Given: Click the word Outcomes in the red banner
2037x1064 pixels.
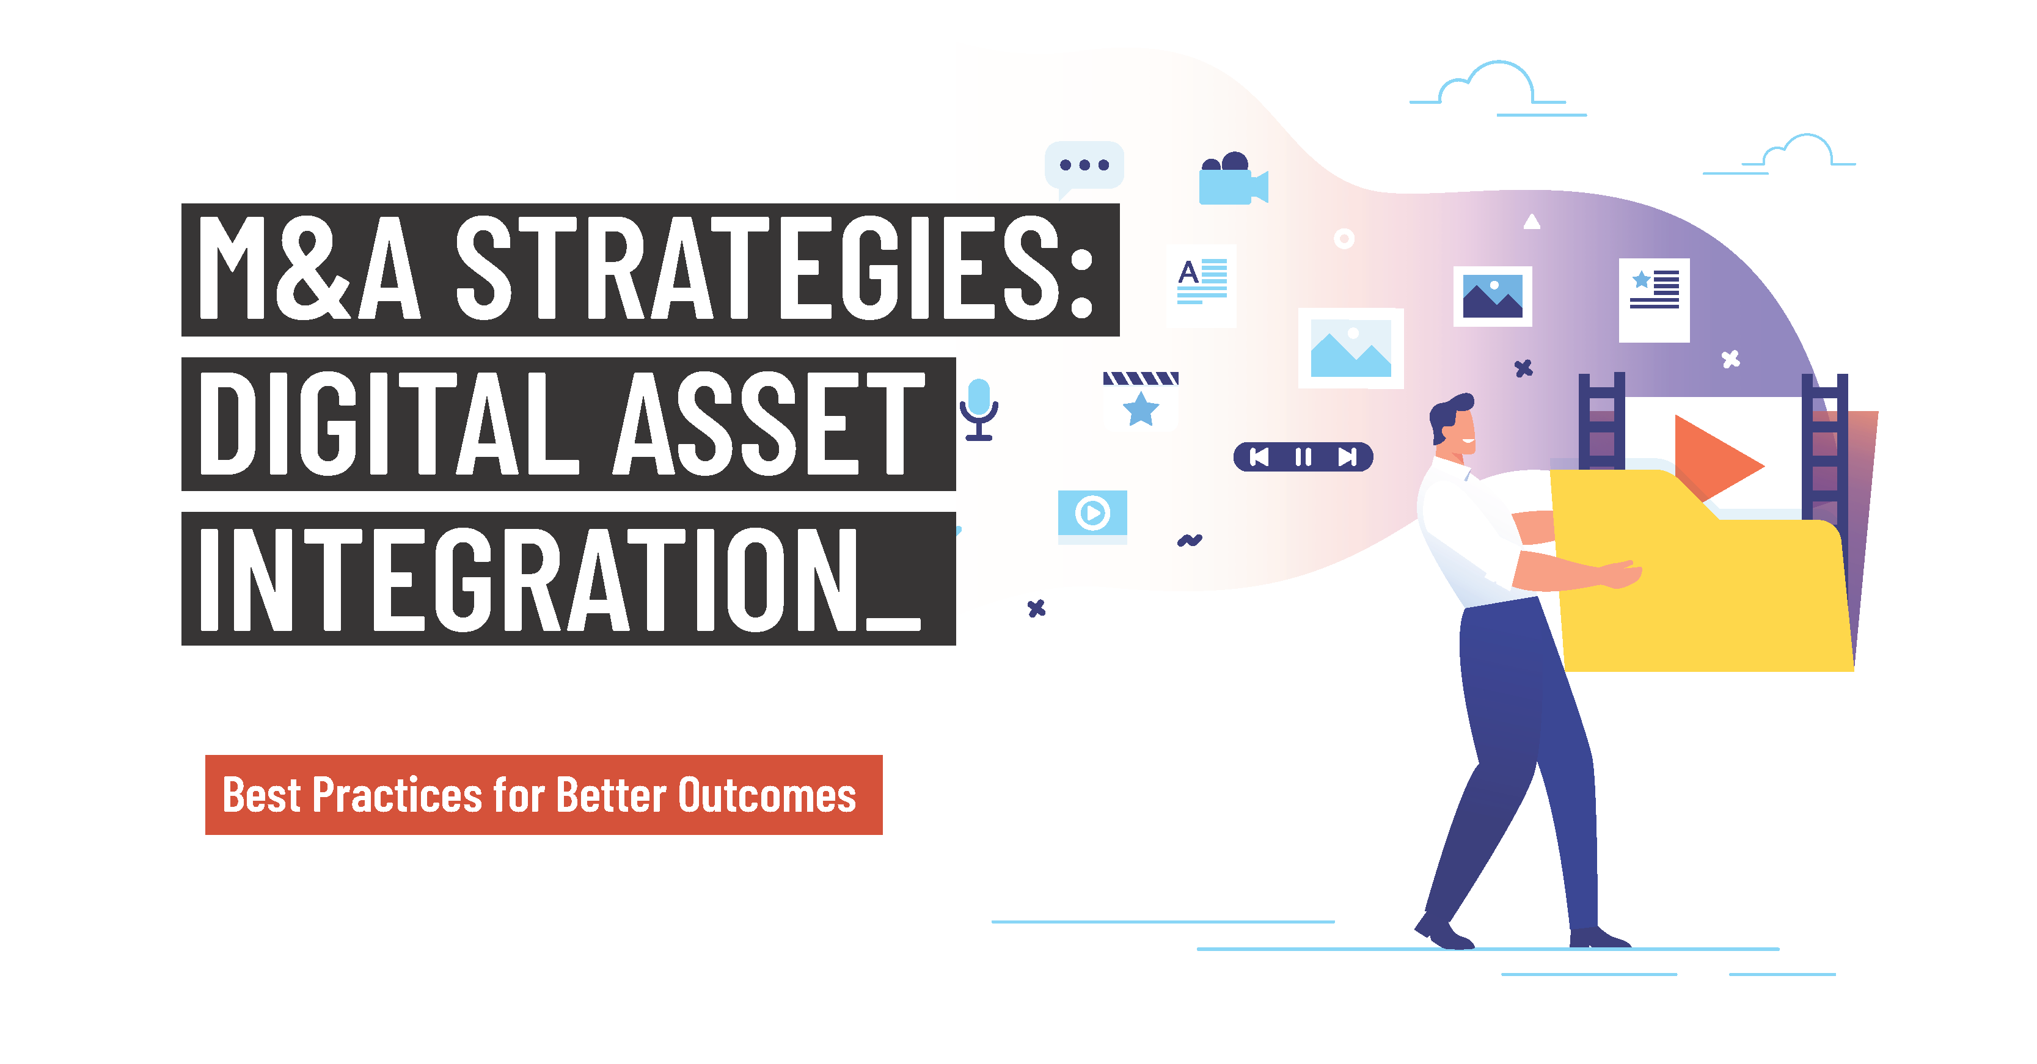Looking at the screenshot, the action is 767,795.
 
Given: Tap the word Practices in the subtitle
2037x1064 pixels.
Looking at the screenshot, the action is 397,795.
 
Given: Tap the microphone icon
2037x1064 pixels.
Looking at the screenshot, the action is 979,409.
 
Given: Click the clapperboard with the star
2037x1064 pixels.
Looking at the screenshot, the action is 1140,400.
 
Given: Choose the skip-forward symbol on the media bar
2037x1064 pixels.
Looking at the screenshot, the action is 1347,457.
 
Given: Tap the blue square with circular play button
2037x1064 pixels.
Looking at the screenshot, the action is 1092,516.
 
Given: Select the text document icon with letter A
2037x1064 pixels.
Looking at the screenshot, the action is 1201,285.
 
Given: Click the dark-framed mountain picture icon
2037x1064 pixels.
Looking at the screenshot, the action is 1492,296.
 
